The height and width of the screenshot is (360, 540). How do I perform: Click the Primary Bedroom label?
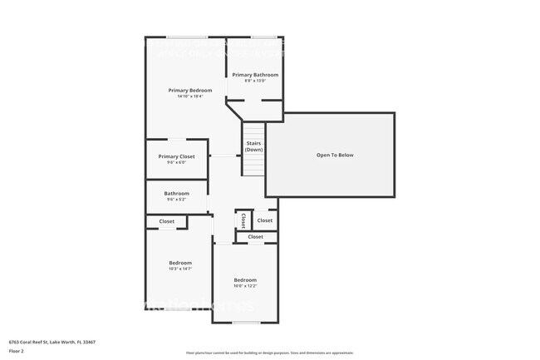click(189, 90)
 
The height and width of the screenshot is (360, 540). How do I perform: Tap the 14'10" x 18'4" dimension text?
click(189, 96)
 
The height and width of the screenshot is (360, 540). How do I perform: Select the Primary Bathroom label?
click(255, 75)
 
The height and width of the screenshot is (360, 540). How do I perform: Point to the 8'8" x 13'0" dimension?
click(255, 81)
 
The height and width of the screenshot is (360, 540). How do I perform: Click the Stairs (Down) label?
click(254, 146)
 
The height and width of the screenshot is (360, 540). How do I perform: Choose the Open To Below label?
click(335, 155)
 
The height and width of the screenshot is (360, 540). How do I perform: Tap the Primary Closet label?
click(176, 156)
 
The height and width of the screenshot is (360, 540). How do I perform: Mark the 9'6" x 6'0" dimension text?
click(176, 162)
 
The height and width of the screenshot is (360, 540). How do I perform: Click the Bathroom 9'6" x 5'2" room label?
click(176, 194)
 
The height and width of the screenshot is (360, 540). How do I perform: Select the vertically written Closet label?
click(243, 220)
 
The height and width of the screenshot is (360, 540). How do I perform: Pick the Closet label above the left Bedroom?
click(167, 221)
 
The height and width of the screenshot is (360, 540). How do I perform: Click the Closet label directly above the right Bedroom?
click(256, 237)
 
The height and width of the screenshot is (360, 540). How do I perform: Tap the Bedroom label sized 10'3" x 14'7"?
click(180, 263)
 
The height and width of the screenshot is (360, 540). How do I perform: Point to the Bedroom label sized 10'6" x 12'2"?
click(245, 279)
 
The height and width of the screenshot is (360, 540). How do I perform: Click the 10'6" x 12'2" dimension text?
click(245, 286)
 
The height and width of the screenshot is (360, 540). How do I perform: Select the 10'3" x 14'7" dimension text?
click(180, 269)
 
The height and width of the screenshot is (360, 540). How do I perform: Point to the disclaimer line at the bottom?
click(269, 353)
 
